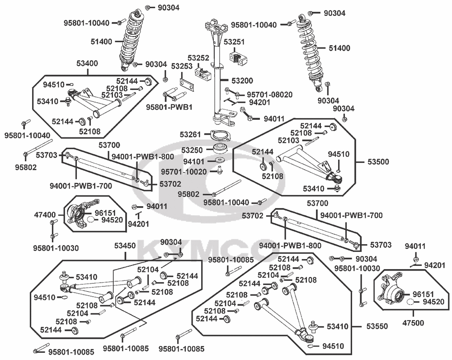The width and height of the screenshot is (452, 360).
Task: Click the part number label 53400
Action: point(88,63)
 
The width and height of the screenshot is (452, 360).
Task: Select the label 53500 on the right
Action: point(377,161)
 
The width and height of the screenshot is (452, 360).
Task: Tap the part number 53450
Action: point(125,246)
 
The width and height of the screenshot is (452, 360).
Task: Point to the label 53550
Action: point(377,326)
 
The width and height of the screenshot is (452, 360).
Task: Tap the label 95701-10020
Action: point(187,172)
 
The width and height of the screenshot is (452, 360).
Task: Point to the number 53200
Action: point(243,80)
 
